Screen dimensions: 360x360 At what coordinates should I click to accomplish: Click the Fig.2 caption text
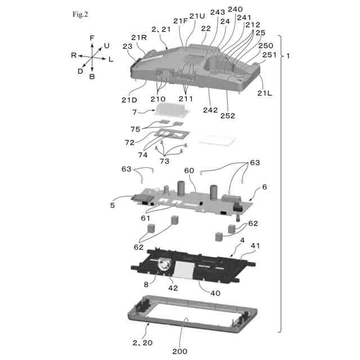(x=80, y=14)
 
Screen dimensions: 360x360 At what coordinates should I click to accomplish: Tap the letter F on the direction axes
(x=92, y=38)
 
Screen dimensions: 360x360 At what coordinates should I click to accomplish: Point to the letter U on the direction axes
(x=107, y=45)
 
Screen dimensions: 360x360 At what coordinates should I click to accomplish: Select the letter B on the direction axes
(x=92, y=76)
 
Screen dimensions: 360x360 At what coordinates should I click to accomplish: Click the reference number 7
(x=134, y=112)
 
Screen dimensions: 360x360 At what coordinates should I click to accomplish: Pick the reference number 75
(x=135, y=129)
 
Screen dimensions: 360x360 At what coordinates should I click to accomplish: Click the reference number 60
(x=189, y=170)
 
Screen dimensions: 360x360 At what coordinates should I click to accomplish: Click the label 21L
(x=264, y=93)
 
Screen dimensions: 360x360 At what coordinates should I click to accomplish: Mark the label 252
(x=228, y=116)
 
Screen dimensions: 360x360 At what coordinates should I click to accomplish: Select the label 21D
(x=129, y=100)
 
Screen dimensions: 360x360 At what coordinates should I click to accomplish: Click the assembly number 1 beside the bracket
(x=289, y=56)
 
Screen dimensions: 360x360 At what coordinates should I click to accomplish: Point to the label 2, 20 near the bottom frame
(x=142, y=342)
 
